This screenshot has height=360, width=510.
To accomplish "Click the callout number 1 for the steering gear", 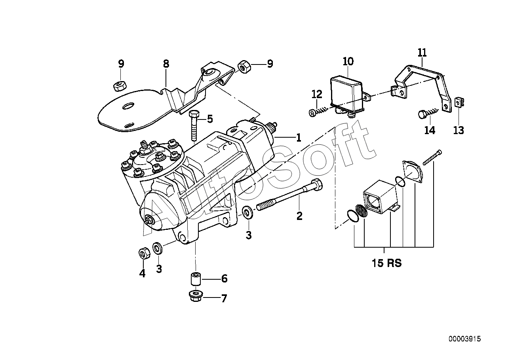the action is [x=299, y=138].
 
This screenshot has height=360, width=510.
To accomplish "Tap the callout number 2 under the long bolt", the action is [x=299, y=216].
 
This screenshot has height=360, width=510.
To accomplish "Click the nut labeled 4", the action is [x=144, y=253].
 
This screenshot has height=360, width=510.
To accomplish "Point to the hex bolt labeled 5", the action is [x=194, y=125].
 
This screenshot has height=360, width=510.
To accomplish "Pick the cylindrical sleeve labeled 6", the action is [x=196, y=279].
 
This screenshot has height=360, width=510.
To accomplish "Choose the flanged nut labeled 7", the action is [x=196, y=296].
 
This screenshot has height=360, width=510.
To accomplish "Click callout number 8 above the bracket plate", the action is [x=166, y=64].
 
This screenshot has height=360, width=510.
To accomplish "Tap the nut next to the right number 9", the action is [x=244, y=66].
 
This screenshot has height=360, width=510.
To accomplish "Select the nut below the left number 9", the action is [x=120, y=86].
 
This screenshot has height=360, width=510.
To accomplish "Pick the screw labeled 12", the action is [x=318, y=112].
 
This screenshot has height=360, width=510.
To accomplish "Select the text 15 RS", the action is [x=386, y=263].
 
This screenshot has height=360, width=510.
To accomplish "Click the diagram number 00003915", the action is [x=465, y=345].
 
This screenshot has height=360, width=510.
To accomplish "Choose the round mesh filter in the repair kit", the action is [x=362, y=210].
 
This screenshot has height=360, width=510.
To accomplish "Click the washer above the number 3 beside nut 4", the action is [x=157, y=248].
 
